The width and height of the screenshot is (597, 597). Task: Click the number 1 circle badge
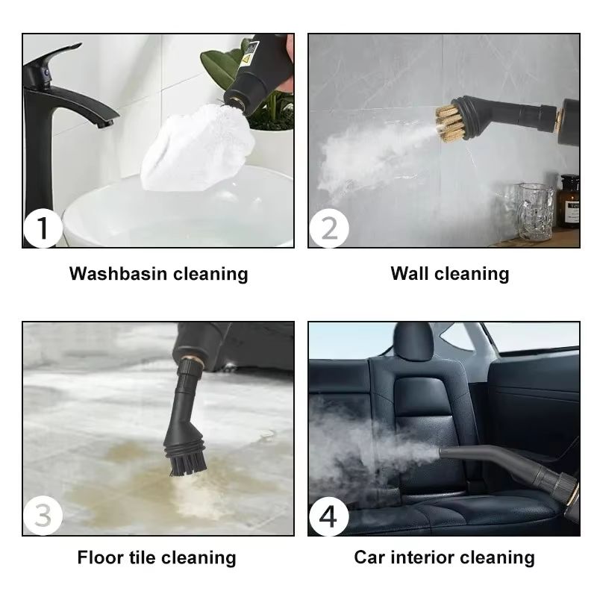[43, 228]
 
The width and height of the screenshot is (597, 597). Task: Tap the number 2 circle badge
[329, 228]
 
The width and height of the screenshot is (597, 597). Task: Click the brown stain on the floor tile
[134, 478]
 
